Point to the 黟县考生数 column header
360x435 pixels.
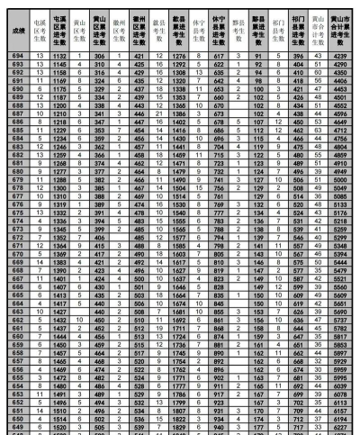coord(238,29)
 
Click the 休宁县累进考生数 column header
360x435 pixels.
coord(217,29)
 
